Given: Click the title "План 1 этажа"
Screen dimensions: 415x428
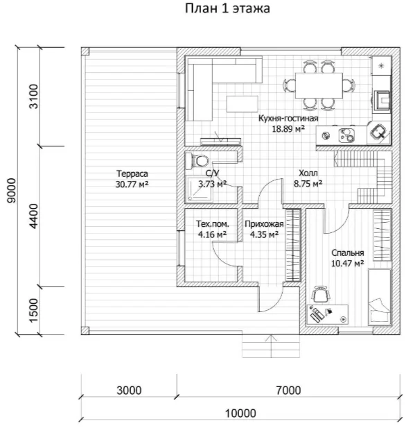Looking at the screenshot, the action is point(227,8).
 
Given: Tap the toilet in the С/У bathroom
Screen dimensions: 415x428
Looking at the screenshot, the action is point(197,161).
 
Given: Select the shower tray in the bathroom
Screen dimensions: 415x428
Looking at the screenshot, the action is point(199,189).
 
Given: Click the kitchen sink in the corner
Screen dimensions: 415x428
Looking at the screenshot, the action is point(378,132).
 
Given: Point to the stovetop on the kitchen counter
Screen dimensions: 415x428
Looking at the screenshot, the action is point(346,135).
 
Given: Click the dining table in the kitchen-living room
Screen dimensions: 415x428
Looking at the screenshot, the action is point(319,85).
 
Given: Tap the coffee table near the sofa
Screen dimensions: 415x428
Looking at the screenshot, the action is point(242,104).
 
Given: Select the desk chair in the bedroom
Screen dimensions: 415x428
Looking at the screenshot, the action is point(320,293).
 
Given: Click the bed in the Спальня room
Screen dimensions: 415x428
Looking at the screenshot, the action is point(380,297).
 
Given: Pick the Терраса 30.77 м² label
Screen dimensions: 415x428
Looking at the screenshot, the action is point(132,179).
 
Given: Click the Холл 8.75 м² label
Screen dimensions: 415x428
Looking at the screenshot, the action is point(308,178).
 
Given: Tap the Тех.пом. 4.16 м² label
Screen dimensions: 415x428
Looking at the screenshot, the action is point(213,229).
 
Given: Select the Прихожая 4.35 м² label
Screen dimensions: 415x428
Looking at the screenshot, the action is point(264,229).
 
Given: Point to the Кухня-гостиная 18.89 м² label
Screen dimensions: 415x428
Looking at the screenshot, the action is point(288,123).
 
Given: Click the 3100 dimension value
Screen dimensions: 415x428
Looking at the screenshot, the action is point(34,96).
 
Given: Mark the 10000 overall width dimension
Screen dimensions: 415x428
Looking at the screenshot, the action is point(240,413).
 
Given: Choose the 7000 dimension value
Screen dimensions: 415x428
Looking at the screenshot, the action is point(288,391).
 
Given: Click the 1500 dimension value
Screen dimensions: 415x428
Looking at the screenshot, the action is point(34,310).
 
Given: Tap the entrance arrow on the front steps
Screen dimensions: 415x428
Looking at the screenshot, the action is point(271,346).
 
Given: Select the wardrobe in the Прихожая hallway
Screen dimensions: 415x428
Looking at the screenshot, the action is point(293,245).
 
